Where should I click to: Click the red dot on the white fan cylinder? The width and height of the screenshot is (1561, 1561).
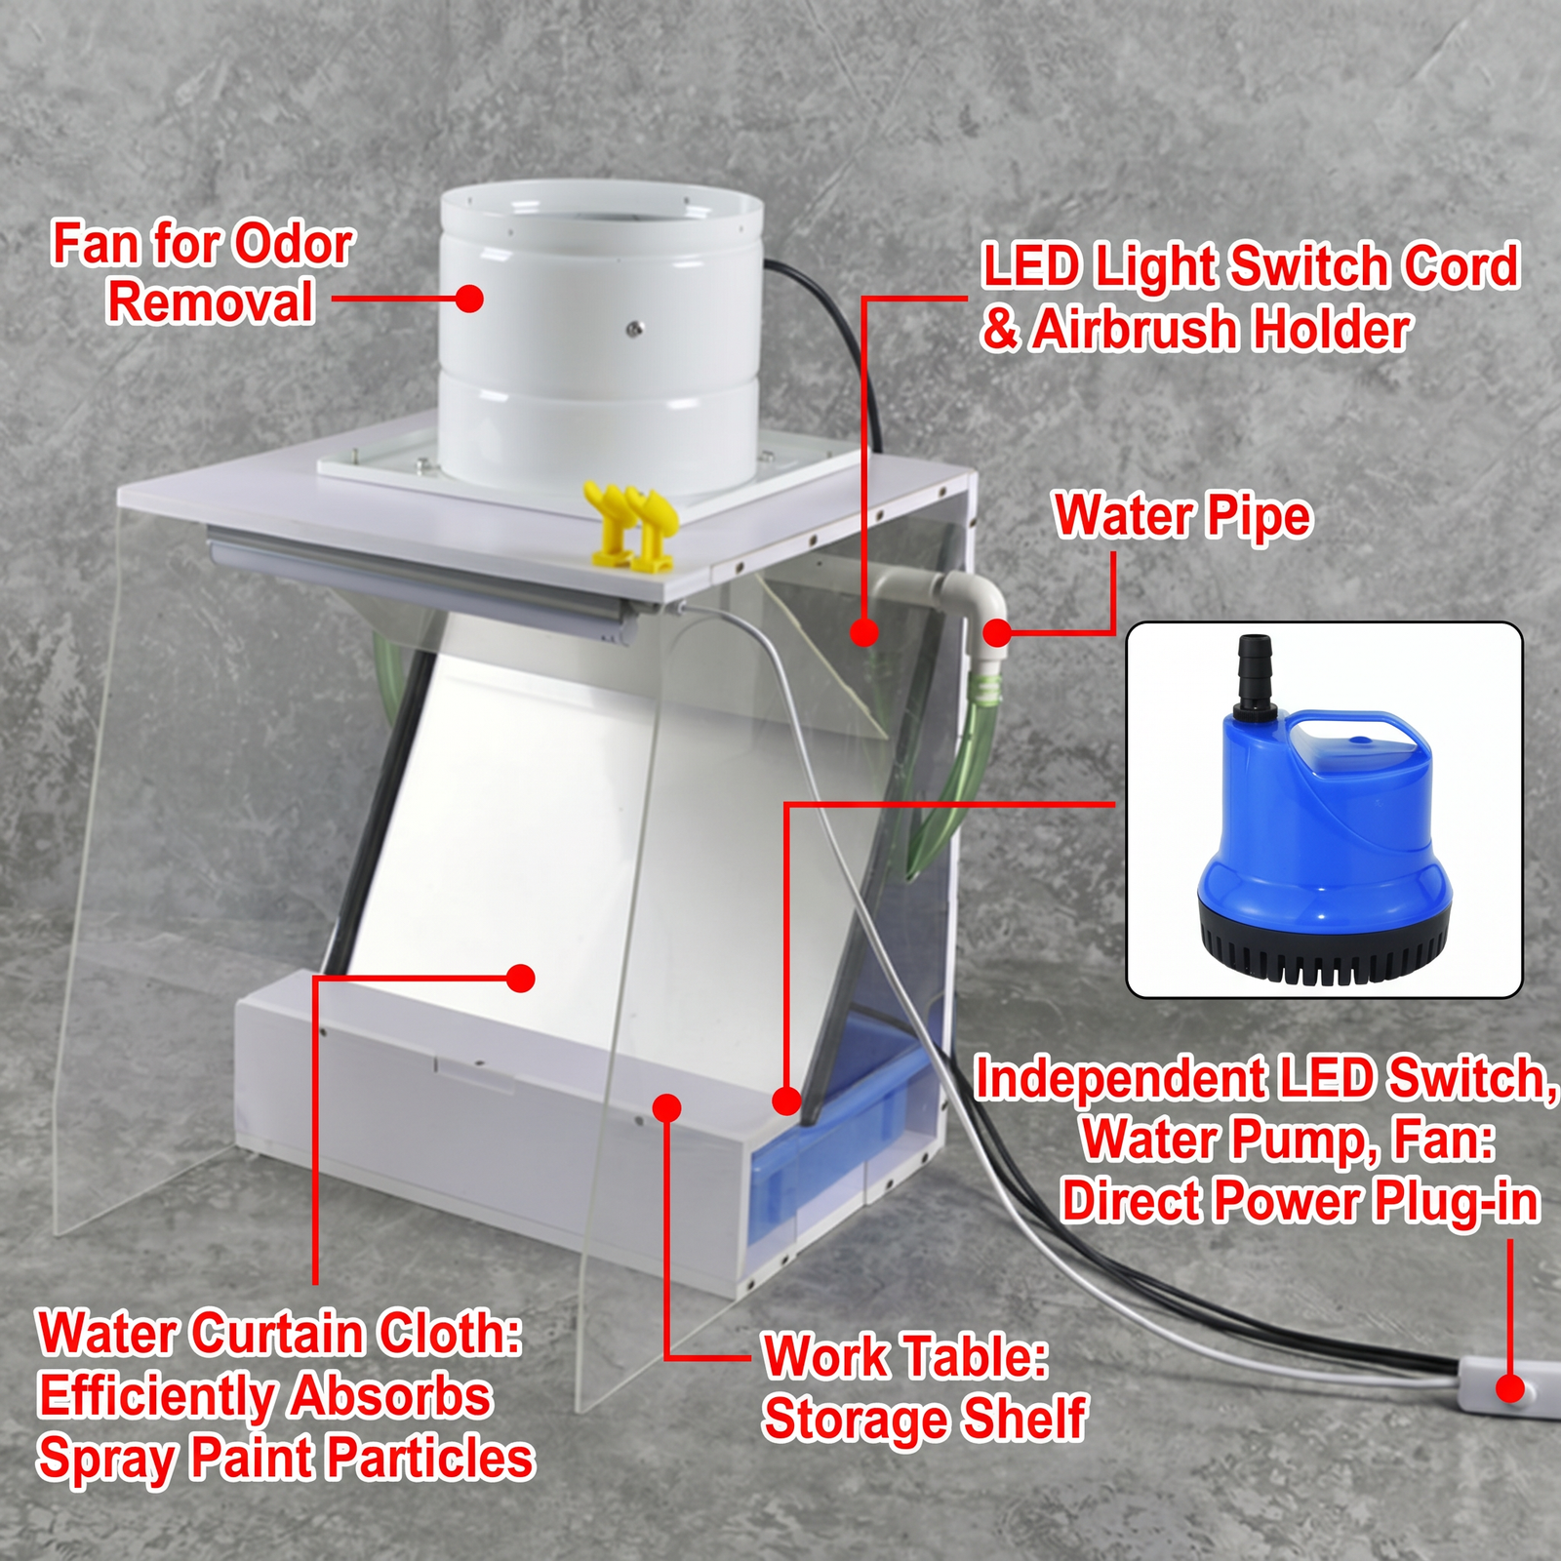click(469, 299)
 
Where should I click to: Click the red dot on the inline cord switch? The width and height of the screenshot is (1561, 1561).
click(1509, 1388)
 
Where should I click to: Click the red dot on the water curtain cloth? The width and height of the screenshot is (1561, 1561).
click(521, 978)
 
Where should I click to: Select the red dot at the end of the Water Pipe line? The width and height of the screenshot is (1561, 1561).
click(996, 633)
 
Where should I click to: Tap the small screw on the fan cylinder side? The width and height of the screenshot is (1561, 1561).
click(634, 328)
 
